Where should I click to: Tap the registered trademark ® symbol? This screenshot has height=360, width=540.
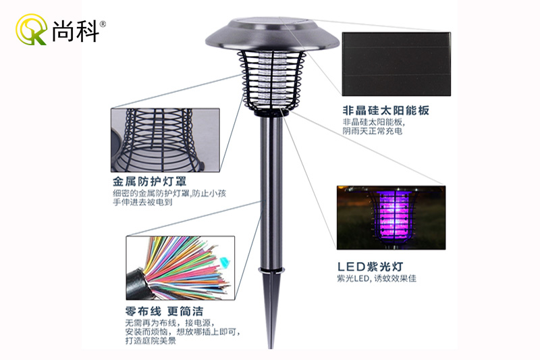[103, 24]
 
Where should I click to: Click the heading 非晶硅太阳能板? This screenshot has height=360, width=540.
[385, 110]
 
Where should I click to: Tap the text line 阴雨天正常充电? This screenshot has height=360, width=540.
[372, 132]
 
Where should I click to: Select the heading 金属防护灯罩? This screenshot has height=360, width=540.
[149, 182]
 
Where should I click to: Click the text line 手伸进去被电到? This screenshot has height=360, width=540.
[142, 202]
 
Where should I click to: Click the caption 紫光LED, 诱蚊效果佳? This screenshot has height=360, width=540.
[377, 278]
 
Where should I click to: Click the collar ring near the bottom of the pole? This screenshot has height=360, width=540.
[269, 273]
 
